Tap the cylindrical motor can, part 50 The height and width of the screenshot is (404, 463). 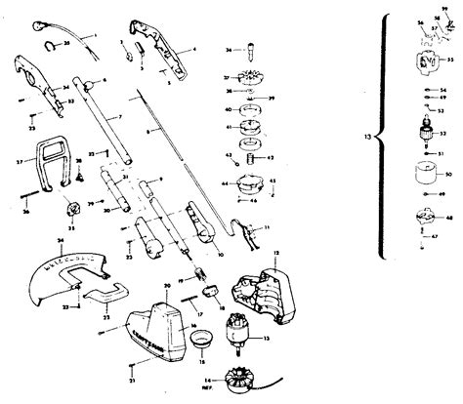(x=425, y=177)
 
